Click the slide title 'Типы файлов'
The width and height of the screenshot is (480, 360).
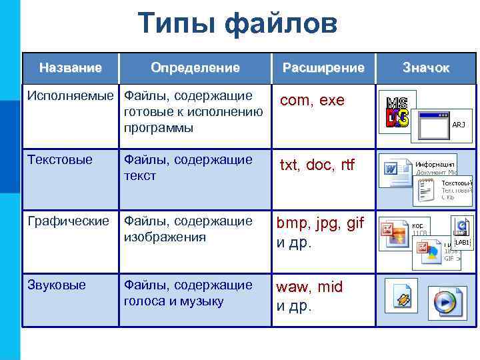[x=239, y=25]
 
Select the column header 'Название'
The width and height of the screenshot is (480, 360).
[x=70, y=67]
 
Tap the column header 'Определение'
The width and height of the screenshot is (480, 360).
[x=195, y=67]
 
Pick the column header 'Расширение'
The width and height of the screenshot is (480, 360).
[x=323, y=67]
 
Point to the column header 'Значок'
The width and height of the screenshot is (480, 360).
[x=426, y=68]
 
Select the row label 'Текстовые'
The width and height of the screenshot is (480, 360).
[x=60, y=159]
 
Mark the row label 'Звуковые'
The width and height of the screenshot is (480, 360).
[x=57, y=285]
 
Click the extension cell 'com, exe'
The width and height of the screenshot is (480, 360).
[x=312, y=101]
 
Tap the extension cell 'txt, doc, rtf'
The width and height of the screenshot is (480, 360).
[x=317, y=165]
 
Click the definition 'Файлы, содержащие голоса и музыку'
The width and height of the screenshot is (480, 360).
[x=189, y=293]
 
